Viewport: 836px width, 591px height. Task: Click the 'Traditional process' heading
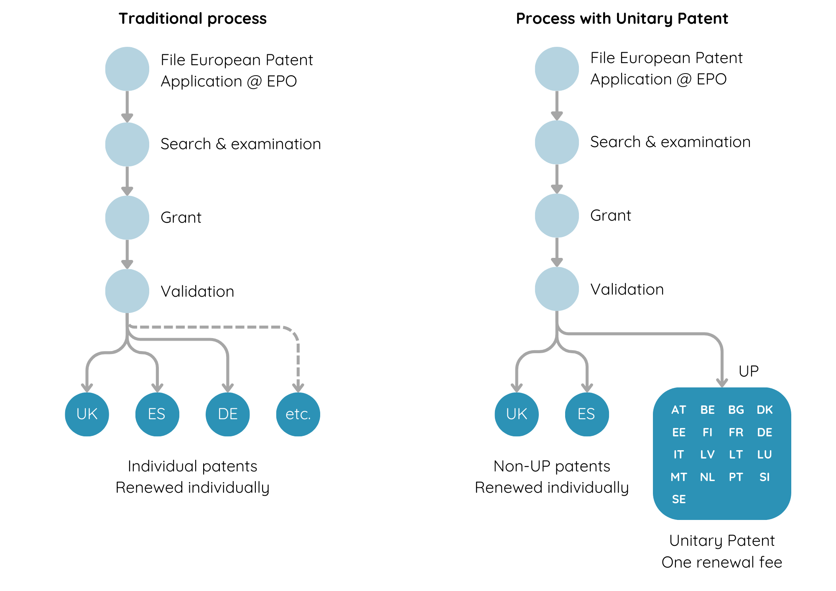click(x=192, y=19)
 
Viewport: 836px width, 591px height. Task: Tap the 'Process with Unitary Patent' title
click(x=622, y=19)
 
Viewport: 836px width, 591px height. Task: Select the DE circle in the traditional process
click(x=228, y=414)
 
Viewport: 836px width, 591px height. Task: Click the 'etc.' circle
click(x=298, y=414)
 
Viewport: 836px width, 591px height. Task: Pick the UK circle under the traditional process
click(x=87, y=414)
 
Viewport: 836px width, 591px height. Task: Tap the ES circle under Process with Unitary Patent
click(x=586, y=414)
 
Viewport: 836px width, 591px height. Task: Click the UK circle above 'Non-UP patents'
click(x=517, y=414)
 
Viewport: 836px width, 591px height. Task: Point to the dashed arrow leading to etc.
click(x=298, y=359)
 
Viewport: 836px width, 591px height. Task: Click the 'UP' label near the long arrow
click(x=748, y=371)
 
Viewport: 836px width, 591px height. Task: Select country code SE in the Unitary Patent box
click(x=679, y=499)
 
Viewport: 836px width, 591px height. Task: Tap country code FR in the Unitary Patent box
click(x=736, y=432)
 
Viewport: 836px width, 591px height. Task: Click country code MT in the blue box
click(x=679, y=477)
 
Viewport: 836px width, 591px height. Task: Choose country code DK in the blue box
click(x=765, y=410)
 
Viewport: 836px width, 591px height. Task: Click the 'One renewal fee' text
click(x=721, y=562)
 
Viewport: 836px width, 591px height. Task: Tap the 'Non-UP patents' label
click(x=552, y=466)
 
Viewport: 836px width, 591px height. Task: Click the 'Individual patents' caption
click(x=192, y=466)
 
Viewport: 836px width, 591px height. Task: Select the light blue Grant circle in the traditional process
click(x=127, y=217)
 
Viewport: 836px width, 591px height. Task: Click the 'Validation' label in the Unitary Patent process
click(x=627, y=289)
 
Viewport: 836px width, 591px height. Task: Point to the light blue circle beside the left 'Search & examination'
click(x=127, y=144)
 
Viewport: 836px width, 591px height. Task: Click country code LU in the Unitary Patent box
click(x=765, y=454)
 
